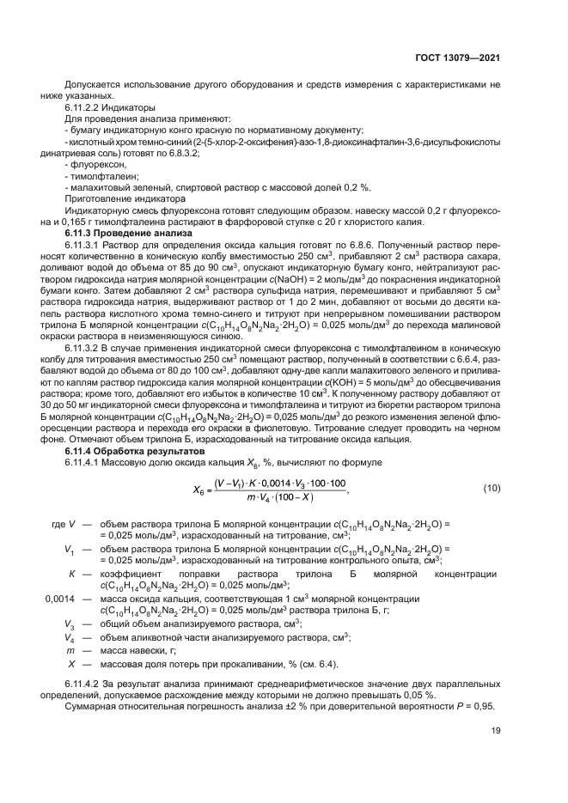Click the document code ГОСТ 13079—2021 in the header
coord(460,58)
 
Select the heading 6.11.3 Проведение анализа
coord(128,234)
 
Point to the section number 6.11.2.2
coord(88,109)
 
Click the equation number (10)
coord(492,488)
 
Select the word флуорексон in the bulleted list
coord(101,162)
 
